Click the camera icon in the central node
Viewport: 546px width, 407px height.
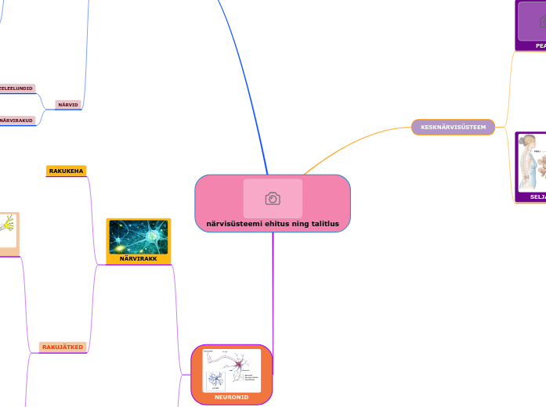[273, 199]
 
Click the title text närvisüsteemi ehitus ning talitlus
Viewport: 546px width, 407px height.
[273, 224]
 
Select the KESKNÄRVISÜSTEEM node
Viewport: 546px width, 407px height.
[453, 127]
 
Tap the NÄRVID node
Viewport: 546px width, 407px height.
[68, 104]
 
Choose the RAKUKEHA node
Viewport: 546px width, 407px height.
[67, 171]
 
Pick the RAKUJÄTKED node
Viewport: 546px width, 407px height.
[63, 347]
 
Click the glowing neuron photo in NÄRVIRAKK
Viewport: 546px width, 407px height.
[138, 236]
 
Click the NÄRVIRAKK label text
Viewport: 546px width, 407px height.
[138, 258]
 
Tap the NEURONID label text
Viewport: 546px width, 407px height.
[231, 398]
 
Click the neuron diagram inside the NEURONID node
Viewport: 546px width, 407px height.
[231, 370]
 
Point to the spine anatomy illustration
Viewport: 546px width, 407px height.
[530, 163]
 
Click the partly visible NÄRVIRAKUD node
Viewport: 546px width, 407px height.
[16, 121]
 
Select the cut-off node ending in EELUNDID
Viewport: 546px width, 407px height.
[16, 88]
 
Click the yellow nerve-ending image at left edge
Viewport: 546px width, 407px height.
[8, 226]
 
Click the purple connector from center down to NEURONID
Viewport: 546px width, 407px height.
[273, 290]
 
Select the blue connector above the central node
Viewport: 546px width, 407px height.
[249, 94]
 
